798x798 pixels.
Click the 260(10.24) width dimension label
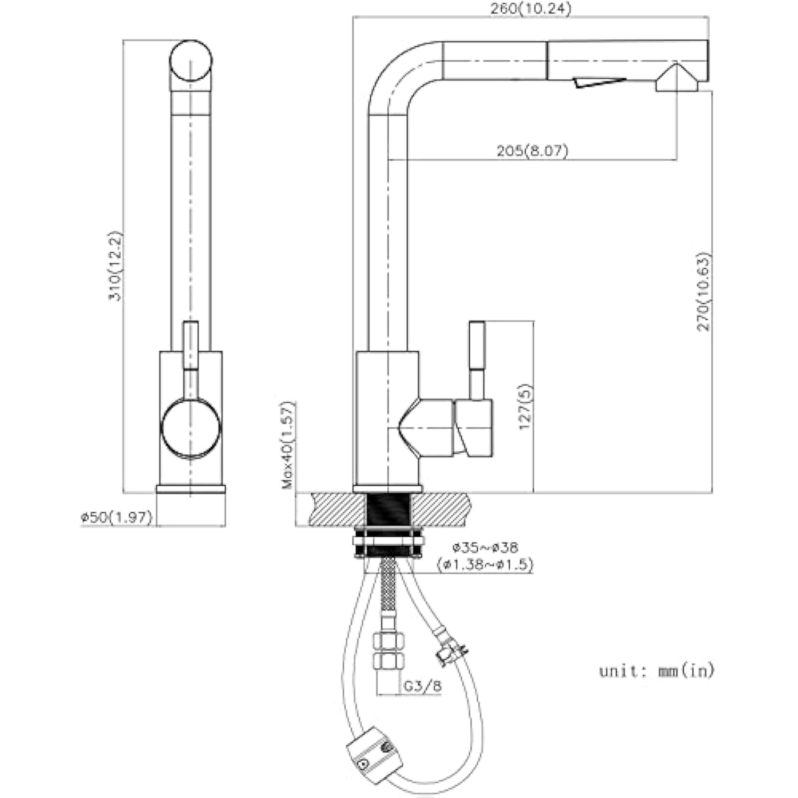pyautogui.click(x=531, y=9)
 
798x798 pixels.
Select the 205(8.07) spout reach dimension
pyautogui.click(x=532, y=151)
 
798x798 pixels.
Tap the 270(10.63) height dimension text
pyautogui.click(x=703, y=291)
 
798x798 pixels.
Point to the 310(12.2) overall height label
pyautogui.click(x=115, y=265)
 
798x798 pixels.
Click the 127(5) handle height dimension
pyautogui.click(x=526, y=407)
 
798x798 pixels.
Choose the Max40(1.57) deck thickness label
pyautogui.click(x=288, y=445)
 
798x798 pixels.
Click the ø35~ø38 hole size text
pyautogui.click(x=485, y=547)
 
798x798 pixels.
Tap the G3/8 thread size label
pyautogui.click(x=422, y=686)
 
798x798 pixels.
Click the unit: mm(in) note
pyautogui.click(x=656, y=671)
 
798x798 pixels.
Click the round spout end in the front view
pyautogui.click(x=191, y=61)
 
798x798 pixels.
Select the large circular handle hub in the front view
pyautogui.click(x=190, y=429)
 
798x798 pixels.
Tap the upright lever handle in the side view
pyautogui.click(x=477, y=360)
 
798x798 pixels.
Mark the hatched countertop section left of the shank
pyautogui.click(x=338, y=509)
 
